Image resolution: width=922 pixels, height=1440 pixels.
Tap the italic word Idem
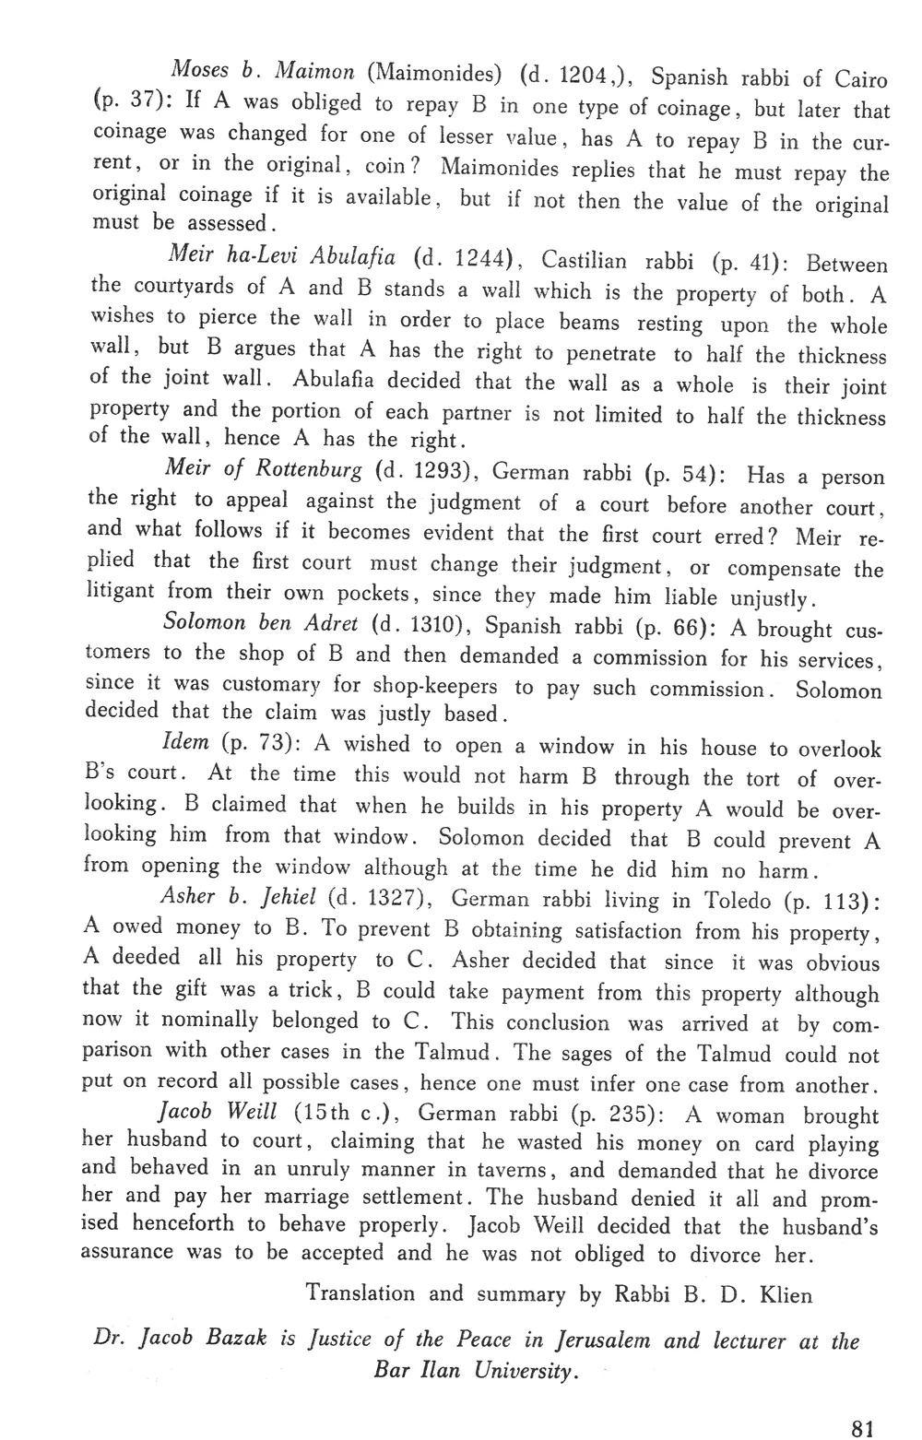(184, 741)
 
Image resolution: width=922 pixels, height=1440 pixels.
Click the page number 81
(861, 1426)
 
